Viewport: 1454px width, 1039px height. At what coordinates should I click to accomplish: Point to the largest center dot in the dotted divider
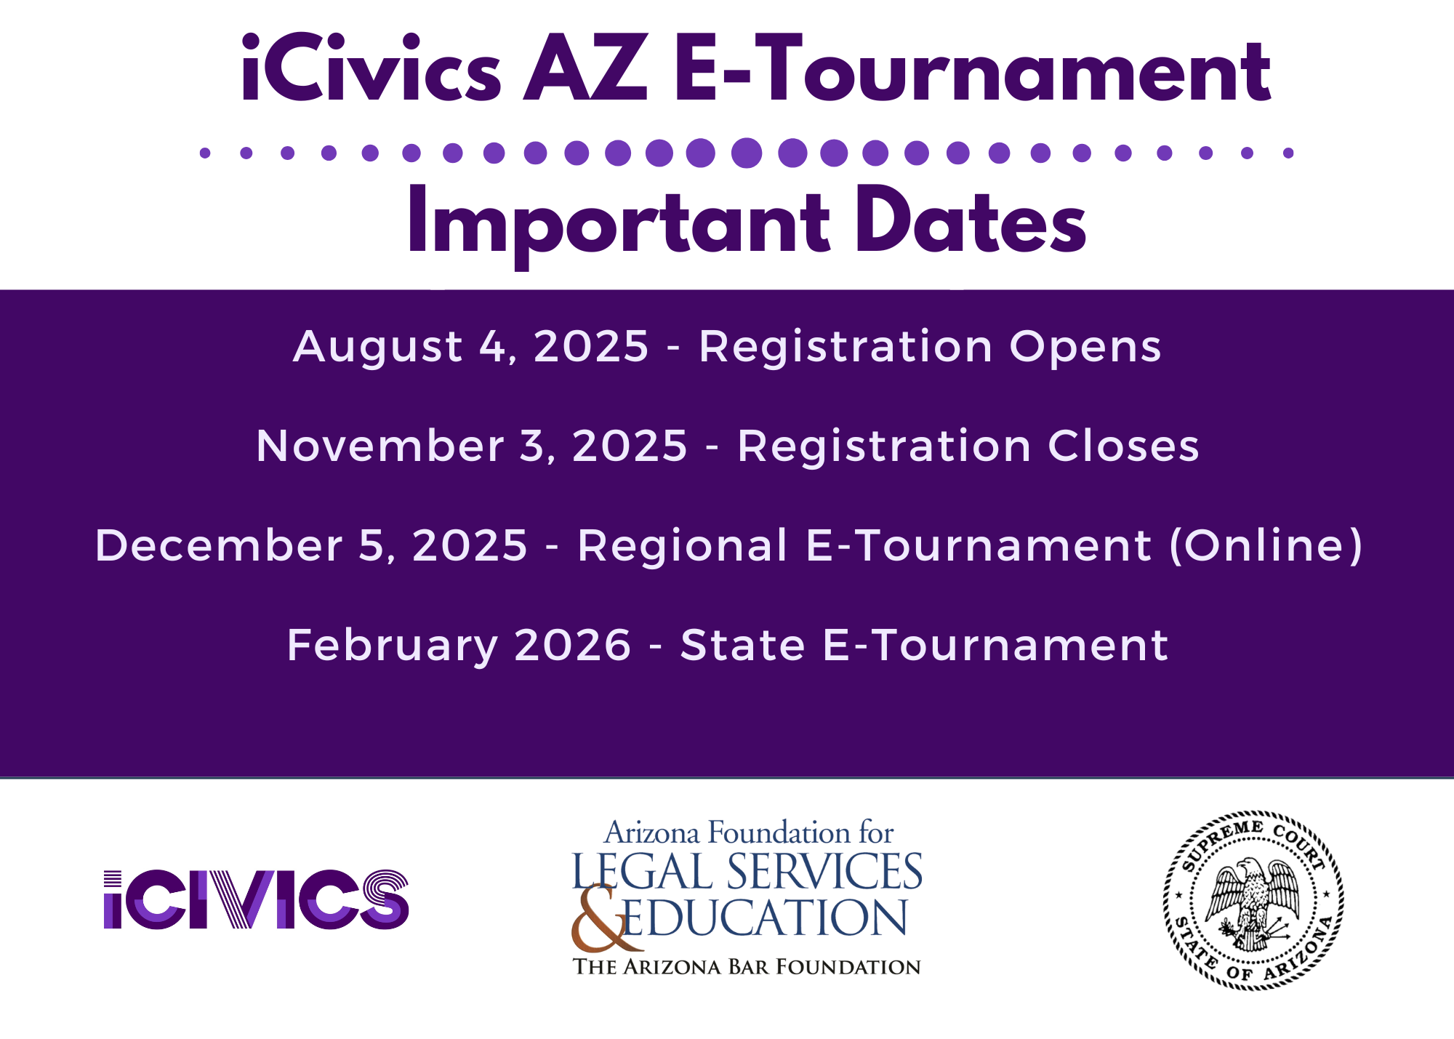(x=747, y=153)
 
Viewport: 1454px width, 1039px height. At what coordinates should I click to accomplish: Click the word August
(x=377, y=348)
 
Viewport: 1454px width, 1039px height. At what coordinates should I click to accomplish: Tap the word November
(x=380, y=445)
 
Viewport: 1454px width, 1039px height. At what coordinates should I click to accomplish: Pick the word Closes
(x=1123, y=445)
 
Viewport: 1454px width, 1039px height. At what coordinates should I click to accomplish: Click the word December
(x=218, y=545)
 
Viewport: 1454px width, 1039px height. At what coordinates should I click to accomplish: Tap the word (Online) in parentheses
(x=1266, y=545)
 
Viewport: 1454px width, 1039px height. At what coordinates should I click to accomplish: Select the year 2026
(x=573, y=646)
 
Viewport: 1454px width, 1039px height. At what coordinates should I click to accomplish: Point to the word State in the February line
(x=742, y=646)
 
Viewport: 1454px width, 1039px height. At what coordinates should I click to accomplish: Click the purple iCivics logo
(x=256, y=899)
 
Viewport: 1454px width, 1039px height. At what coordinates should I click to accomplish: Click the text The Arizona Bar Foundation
(x=747, y=967)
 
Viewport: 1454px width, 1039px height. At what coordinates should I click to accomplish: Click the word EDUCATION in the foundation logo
(x=766, y=918)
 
